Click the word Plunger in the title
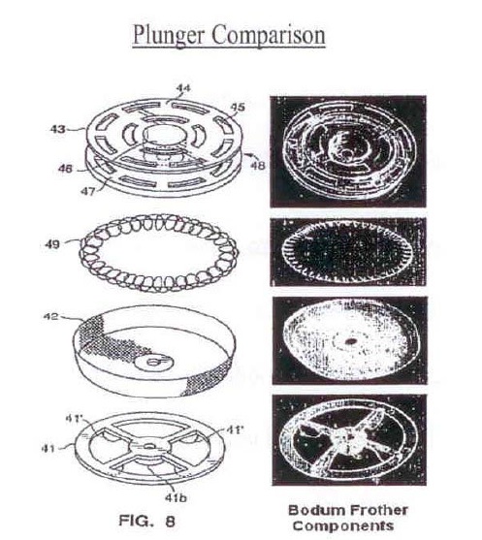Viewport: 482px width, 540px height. (x=169, y=35)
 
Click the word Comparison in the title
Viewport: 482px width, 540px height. (x=269, y=35)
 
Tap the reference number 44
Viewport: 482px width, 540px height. (x=183, y=88)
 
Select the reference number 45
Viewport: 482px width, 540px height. (x=238, y=108)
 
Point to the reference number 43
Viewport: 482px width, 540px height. (x=57, y=130)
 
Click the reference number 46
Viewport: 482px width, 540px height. (x=65, y=169)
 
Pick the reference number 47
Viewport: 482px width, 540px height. (x=87, y=191)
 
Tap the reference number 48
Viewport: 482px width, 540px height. (x=258, y=166)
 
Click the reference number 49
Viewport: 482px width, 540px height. (x=52, y=245)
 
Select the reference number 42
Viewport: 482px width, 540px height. (x=50, y=316)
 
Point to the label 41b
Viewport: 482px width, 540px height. (x=176, y=497)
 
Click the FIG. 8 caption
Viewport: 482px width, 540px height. (x=146, y=521)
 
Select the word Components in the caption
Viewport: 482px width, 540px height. (x=343, y=525)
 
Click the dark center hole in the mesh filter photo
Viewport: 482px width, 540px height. (x=351, y=341)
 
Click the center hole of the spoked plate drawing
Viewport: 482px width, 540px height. (x=150, y=446)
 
